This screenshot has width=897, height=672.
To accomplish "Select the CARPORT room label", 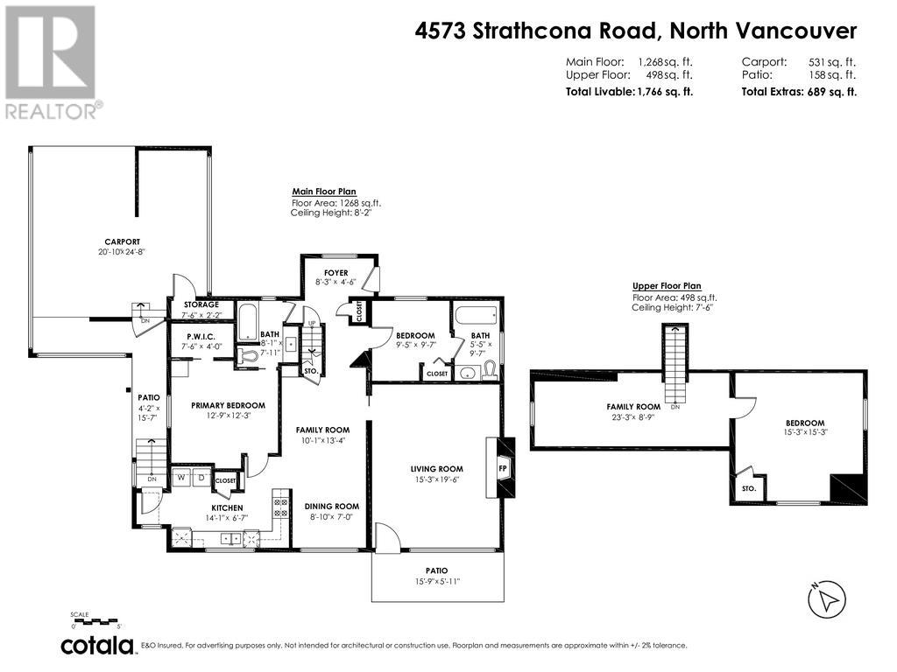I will [x=123, y=241].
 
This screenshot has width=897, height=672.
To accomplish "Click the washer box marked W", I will [x=181, y=478].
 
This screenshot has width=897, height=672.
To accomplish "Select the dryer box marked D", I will [x=200, y=478].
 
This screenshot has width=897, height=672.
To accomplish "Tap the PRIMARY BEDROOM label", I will [x=228, y=405].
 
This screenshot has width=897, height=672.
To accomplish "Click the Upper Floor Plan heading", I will [x=667, y=286].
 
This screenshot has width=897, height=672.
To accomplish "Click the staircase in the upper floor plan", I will [x=675, y=363].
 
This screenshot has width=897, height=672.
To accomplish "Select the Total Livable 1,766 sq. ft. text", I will [x=629, y=92].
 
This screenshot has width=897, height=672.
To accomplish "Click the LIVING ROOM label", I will [x=436, y=469].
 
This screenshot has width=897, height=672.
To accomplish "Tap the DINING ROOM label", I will [x=332, y=506].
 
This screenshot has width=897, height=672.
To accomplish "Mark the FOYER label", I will [x=336, y=273].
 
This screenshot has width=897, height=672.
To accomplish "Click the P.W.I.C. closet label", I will [x=201, y=336].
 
